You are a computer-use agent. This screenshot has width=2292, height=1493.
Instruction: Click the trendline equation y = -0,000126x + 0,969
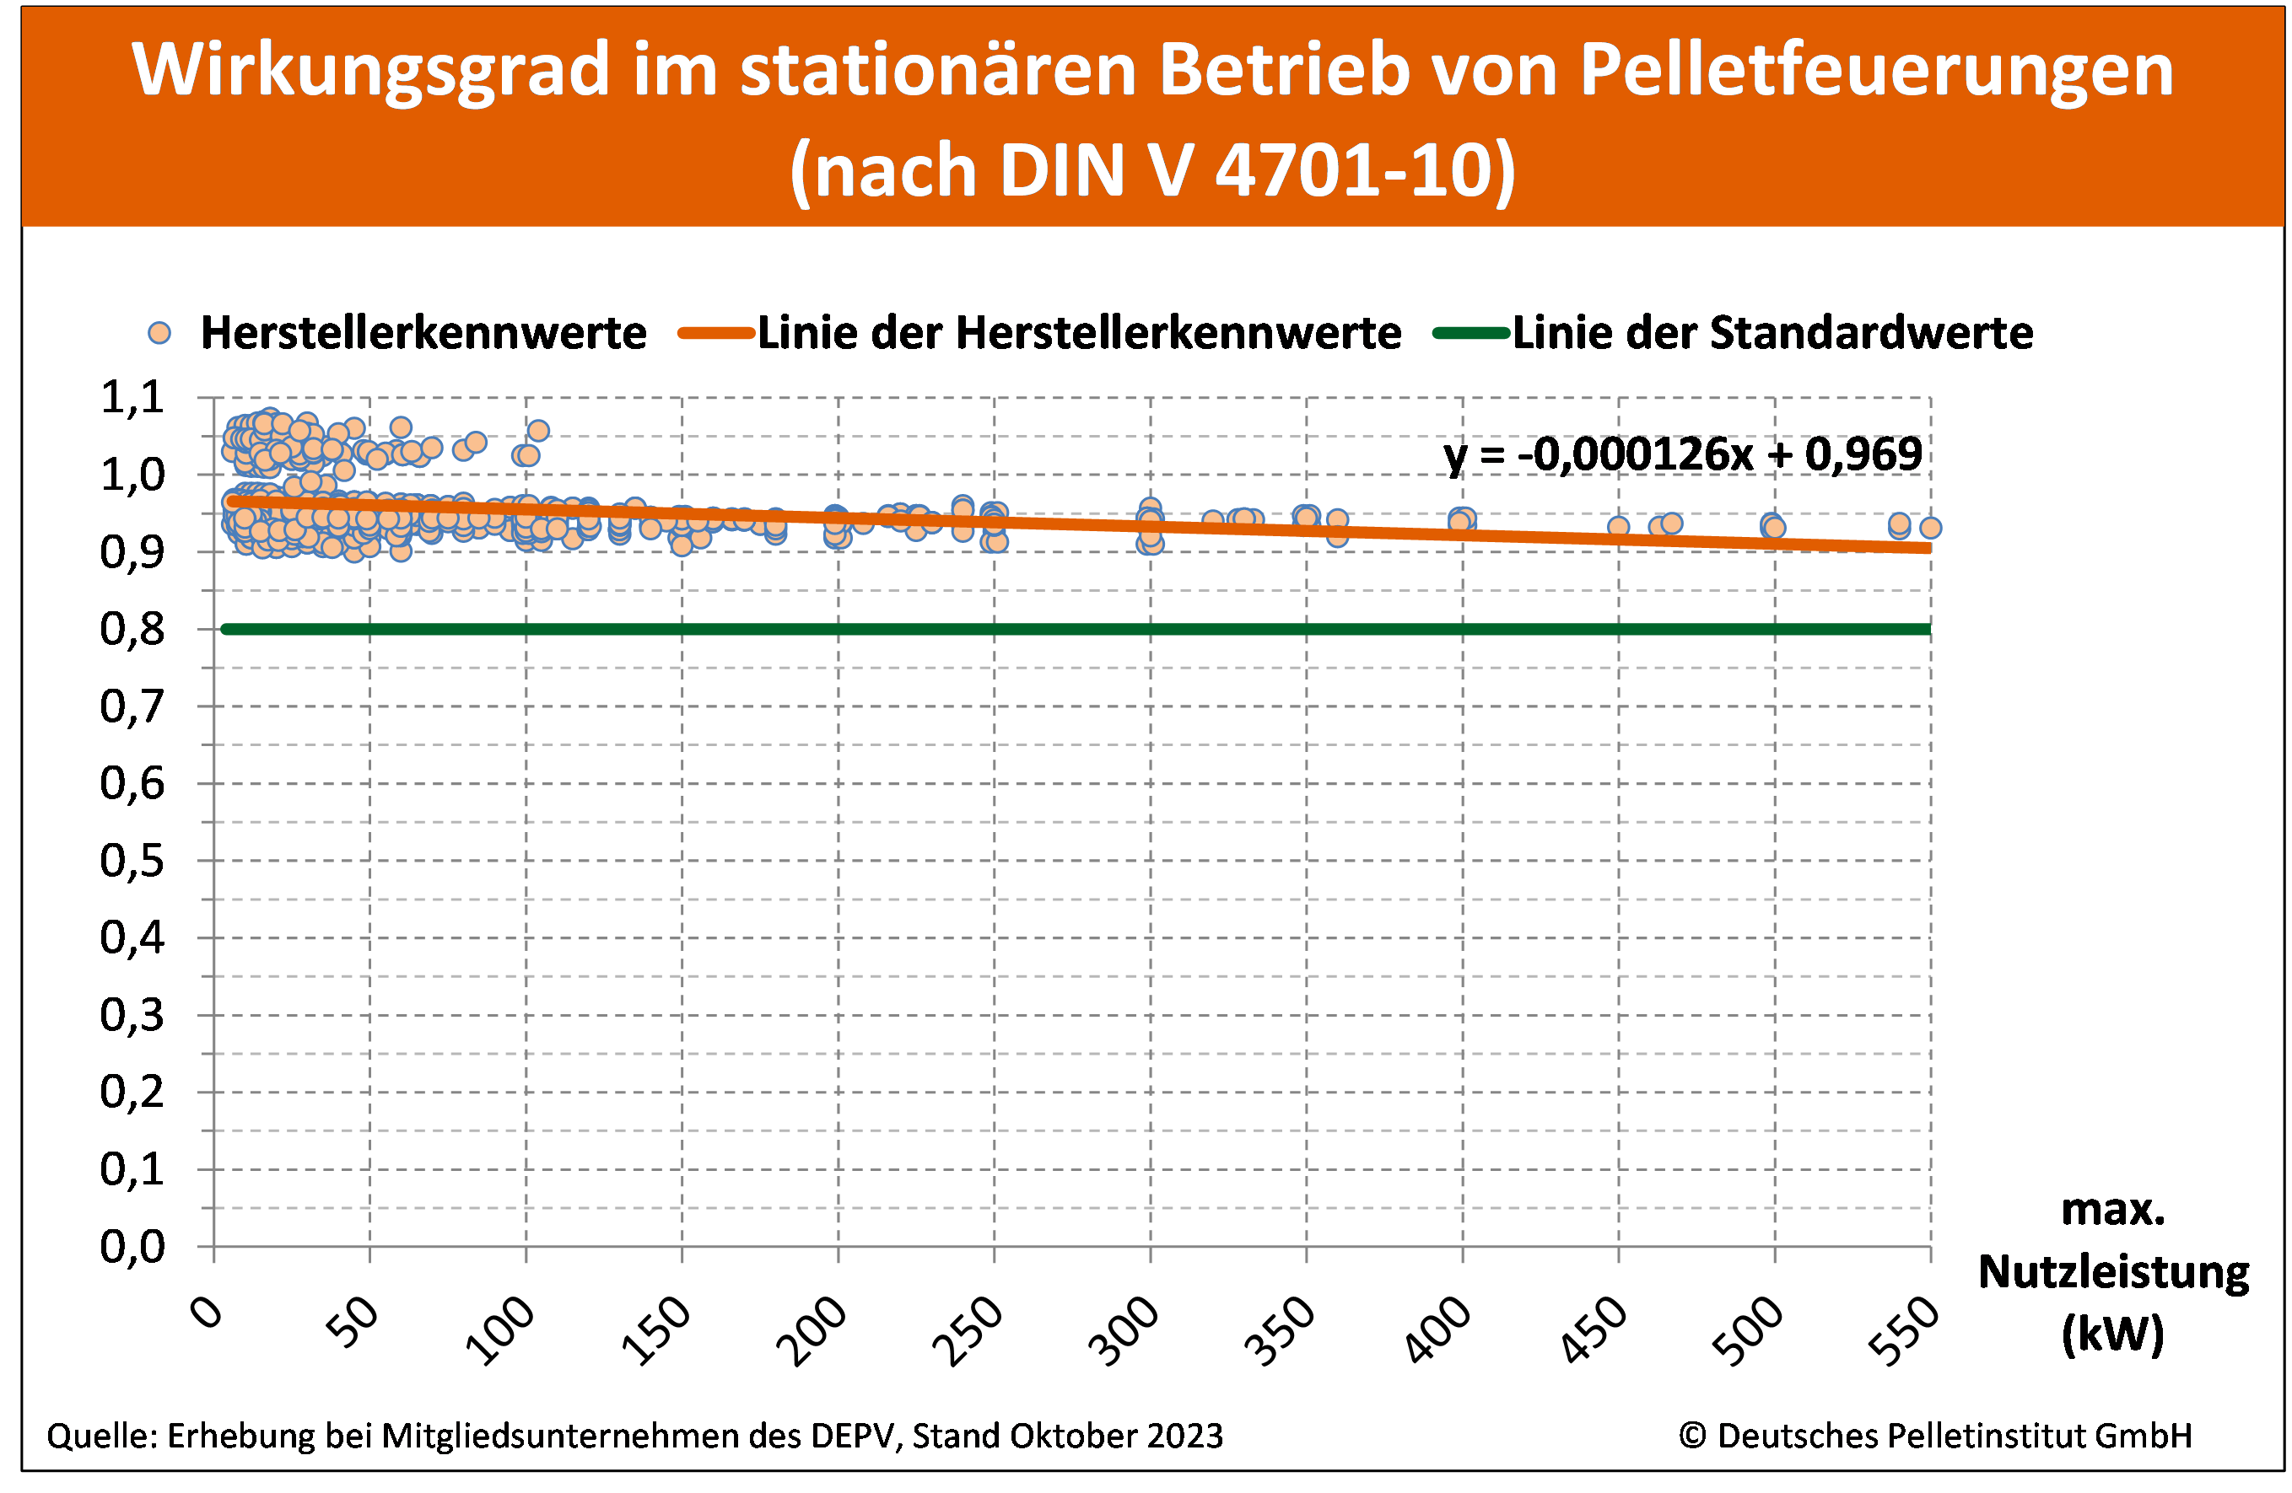point(1682,454)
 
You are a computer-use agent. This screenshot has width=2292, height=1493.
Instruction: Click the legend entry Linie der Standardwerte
point(1772,333)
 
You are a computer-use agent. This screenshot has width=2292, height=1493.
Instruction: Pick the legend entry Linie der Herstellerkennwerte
point(1079,333)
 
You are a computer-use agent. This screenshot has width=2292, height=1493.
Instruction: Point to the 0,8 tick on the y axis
point(133,630)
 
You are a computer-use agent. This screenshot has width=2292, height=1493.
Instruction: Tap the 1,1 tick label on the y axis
point(133,398)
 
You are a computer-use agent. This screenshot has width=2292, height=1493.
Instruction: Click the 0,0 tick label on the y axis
point(133,1247)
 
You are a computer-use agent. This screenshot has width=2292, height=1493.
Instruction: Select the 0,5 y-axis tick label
point(133,861)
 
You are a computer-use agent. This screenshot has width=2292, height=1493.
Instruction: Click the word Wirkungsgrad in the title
point(371,69)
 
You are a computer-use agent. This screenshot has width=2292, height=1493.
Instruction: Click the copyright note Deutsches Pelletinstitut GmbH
point(1936,1435)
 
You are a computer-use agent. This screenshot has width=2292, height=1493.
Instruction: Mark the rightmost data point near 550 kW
point(1930,528)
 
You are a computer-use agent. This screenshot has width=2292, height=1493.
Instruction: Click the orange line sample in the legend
point(715,333)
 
